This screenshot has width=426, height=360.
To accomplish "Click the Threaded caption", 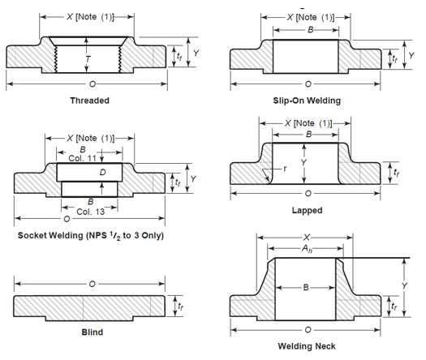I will (89, 101).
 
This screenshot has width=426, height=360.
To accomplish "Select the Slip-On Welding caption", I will (307, 101).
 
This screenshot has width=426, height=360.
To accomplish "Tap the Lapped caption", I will (307, 210).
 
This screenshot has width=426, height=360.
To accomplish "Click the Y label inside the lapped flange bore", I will (303, 161).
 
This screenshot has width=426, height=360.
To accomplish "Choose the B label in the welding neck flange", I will (305, 287).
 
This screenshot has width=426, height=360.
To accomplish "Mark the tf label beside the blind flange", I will (180, 306).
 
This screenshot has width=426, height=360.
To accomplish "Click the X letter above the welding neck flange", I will (305, 238).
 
